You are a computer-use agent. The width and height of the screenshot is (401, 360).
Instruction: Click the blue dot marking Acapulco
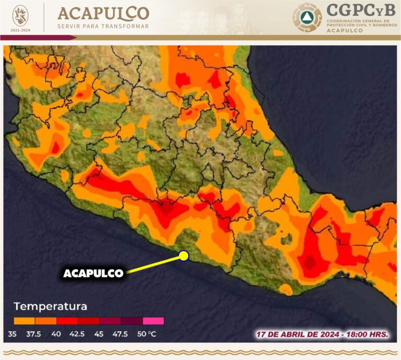click(183, 255)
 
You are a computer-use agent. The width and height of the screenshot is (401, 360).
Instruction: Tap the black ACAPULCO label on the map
click(93, 273)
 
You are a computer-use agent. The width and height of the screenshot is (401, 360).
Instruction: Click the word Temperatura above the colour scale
click(50, 306)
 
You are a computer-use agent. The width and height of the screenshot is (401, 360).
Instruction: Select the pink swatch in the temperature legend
click(153, 321)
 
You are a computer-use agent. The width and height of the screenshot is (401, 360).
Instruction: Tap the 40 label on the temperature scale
click(56, 334)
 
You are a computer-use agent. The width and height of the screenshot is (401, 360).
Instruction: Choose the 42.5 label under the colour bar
click(78, 334)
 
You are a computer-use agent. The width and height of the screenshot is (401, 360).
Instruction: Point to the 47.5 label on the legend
click(121, 334)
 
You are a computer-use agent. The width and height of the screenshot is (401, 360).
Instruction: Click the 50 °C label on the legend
click(146, 334)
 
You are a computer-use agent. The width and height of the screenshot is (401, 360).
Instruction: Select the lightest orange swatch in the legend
click(24, 321)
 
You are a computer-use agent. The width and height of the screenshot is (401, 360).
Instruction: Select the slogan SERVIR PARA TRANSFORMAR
click(103, 26)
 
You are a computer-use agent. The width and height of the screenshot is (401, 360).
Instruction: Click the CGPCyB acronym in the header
click(360, 10)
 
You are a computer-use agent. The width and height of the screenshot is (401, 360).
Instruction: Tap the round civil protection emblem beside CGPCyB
click(307, 18)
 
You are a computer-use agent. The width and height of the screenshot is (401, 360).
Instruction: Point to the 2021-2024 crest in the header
click(21, 17)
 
